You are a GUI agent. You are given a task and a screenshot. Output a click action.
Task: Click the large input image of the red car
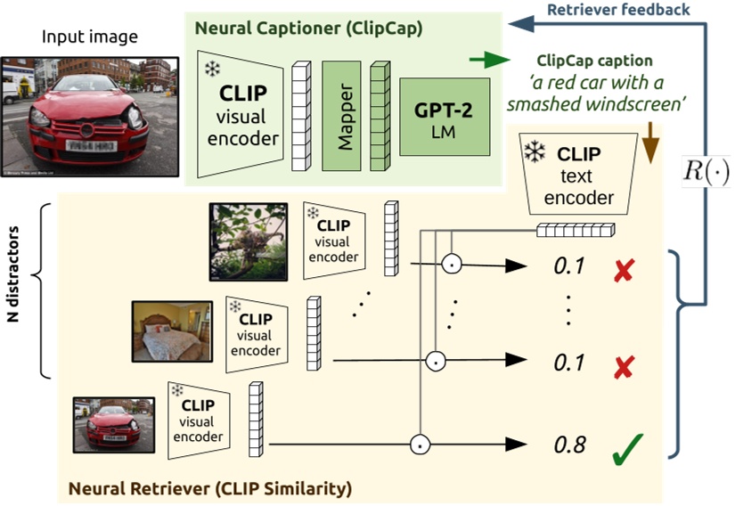75,114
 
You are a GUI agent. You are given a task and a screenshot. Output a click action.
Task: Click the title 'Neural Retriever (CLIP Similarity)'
210,487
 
